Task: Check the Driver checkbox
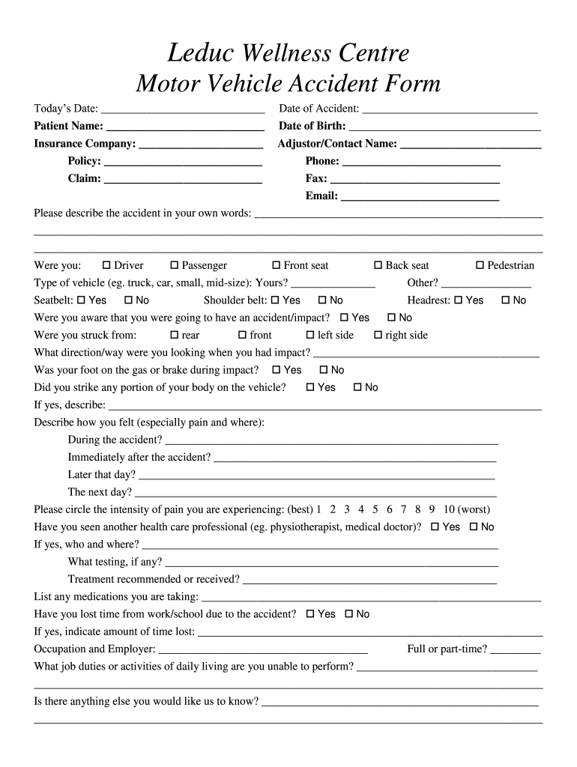(106, 265)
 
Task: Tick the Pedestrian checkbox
(480, 265)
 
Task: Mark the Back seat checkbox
(378, 265)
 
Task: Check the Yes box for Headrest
(458, 300)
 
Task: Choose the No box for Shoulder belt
(323, 300)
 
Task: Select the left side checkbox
(311, 335)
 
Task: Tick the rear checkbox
(175, 335)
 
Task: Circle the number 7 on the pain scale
(404, 509)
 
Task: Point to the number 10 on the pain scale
(449, 509)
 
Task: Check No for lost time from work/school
(349, 614)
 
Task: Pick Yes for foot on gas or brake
(277, 370)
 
